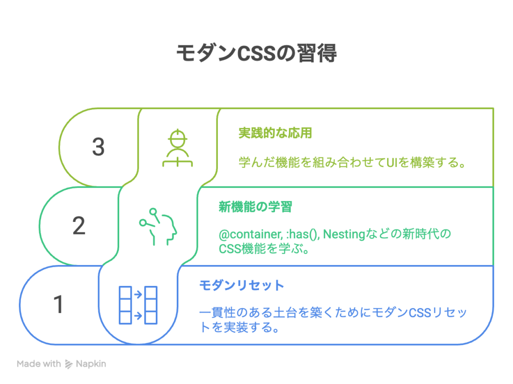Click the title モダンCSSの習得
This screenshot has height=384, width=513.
tap(256, 53)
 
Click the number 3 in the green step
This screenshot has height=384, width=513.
tap(98, 146)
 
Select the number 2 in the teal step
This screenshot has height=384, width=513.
tap(79, 225)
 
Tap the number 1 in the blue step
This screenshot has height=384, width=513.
tap(59, 304)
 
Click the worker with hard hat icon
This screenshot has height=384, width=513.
tap(178, 148)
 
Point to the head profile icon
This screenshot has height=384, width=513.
tap(158, 226)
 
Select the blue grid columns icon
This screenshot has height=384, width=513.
tap(138, 305)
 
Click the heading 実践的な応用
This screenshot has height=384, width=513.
tap(275, 133)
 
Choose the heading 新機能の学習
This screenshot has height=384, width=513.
tap(255, 206)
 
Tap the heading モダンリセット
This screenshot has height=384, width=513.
tap(241, 285)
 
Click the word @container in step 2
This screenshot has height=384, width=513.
tap(250, 234)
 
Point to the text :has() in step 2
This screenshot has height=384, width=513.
tap(303, 234)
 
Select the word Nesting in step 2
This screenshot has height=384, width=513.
tap(344, 234)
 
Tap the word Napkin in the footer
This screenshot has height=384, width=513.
tap(91, 364)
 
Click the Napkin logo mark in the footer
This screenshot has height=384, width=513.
tap(68, 364)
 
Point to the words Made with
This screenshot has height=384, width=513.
tap(39, 364)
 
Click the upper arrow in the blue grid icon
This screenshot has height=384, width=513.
tap(138, 294)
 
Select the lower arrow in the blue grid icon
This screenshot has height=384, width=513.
tap(138, 316)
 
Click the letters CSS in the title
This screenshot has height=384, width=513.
tap(256, 53)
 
